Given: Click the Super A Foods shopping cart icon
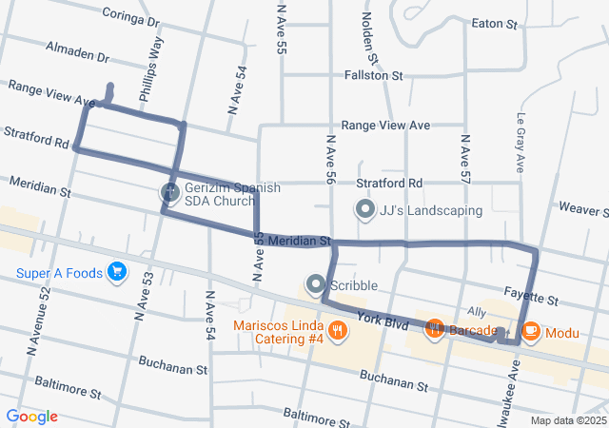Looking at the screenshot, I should [x=118, y=273].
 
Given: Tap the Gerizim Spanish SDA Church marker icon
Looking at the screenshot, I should [x=169, y=193].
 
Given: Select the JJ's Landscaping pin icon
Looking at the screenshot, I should [x=364, y=209].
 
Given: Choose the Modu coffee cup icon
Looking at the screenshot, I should [x=531, y=331].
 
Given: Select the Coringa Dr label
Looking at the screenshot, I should [x=128, y=19].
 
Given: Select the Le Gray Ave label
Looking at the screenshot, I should [x=521, y=144].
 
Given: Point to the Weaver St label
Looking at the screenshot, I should [x=583, y=207].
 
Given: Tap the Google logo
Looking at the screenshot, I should [x=31, y=417].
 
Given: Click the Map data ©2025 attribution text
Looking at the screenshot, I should [x=568, y=420].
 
